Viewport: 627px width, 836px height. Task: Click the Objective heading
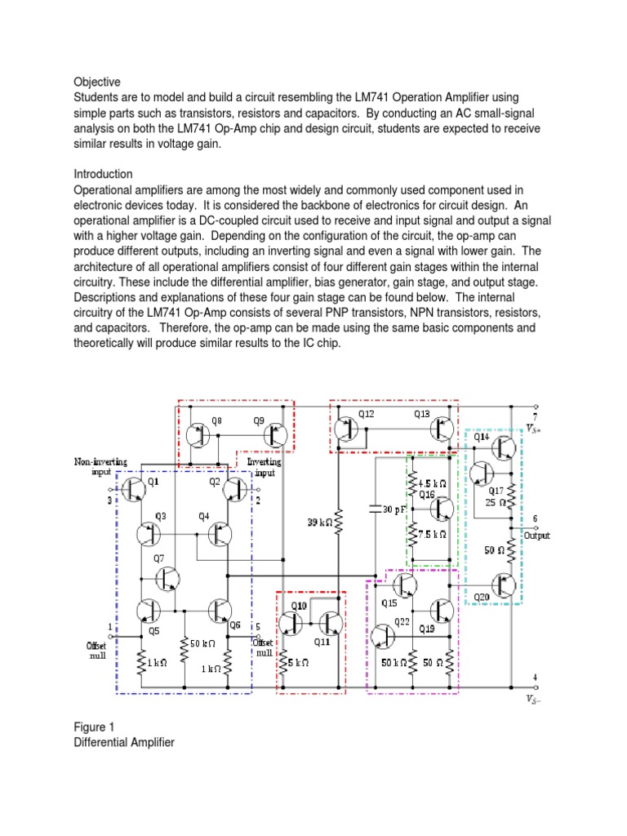[97, 82]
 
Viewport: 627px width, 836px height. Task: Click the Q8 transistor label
[216, 421]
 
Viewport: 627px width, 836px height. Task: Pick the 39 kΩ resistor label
[319, 521]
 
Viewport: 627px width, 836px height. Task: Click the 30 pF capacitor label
[393, 509]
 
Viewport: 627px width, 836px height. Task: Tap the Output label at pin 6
[536, 536]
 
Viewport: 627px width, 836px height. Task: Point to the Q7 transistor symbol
[169, 578]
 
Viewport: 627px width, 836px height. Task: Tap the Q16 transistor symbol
[442, 509]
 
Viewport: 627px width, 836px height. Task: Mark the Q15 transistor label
[389, 603]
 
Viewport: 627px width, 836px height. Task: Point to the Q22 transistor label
[402, 622]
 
